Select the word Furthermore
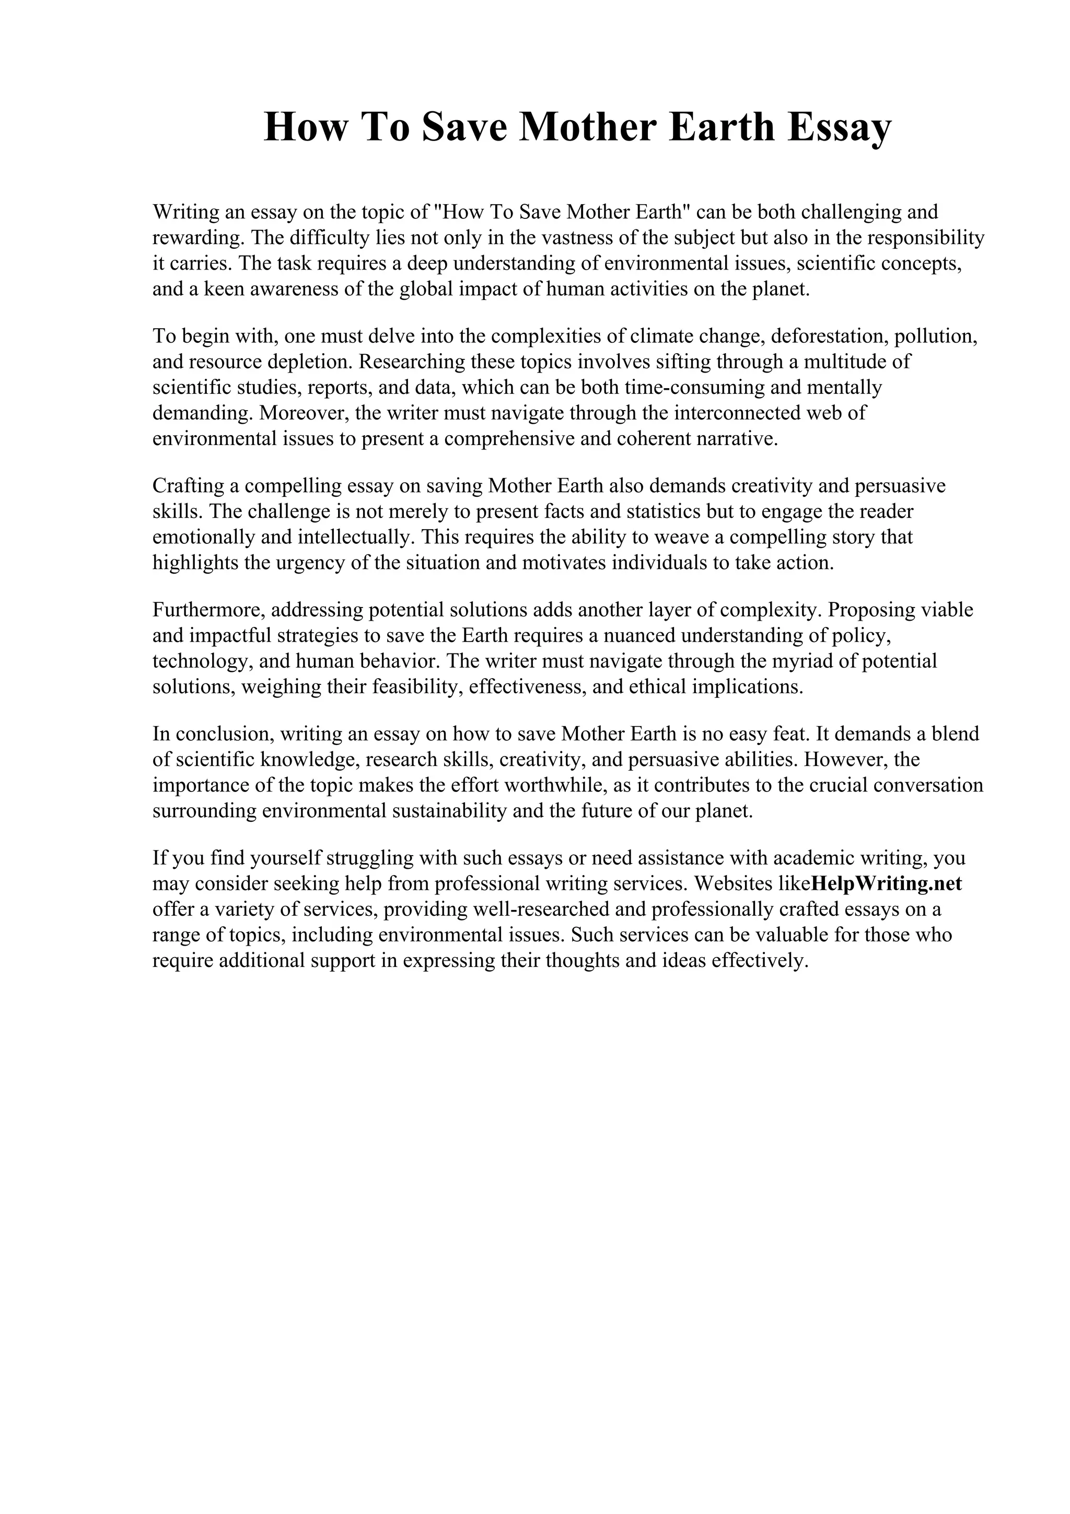[208, 610]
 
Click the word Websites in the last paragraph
[733, 883]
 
